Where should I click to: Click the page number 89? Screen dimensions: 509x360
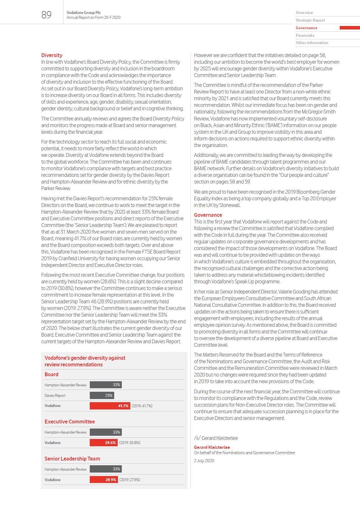pos(46,15)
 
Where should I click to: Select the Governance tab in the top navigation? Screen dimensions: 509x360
pos(306,28)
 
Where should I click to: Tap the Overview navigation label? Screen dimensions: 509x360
pos(304,13)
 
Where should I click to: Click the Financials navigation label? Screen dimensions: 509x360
pos(305,35)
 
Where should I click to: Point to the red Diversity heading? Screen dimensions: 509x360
pos(52,55)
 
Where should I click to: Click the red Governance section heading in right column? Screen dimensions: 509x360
pos(208,215)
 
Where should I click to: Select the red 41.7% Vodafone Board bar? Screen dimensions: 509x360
pos(110,406)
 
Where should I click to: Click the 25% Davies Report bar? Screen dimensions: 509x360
pos(102,395)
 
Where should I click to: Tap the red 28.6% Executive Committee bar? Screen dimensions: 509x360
pos(103,442)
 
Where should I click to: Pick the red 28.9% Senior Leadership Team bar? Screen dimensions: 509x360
pos(104,480)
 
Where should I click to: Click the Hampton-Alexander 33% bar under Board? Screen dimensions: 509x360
pos(106,385)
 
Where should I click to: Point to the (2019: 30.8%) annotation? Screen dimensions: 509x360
pos(130,442)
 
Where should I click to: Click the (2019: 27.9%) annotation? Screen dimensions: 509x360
pos(130,480)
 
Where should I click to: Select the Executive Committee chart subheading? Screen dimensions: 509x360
pos(69,422)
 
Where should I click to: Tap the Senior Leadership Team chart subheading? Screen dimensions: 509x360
pos(72,459)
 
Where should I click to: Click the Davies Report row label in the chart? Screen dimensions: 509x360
pos(55,396)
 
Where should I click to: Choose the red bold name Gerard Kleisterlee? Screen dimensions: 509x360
pos(212,447)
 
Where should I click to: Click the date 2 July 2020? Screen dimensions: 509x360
pos(204,461)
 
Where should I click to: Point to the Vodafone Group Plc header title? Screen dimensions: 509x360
pos(84,13)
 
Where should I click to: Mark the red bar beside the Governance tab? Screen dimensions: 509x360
pos(350,28)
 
